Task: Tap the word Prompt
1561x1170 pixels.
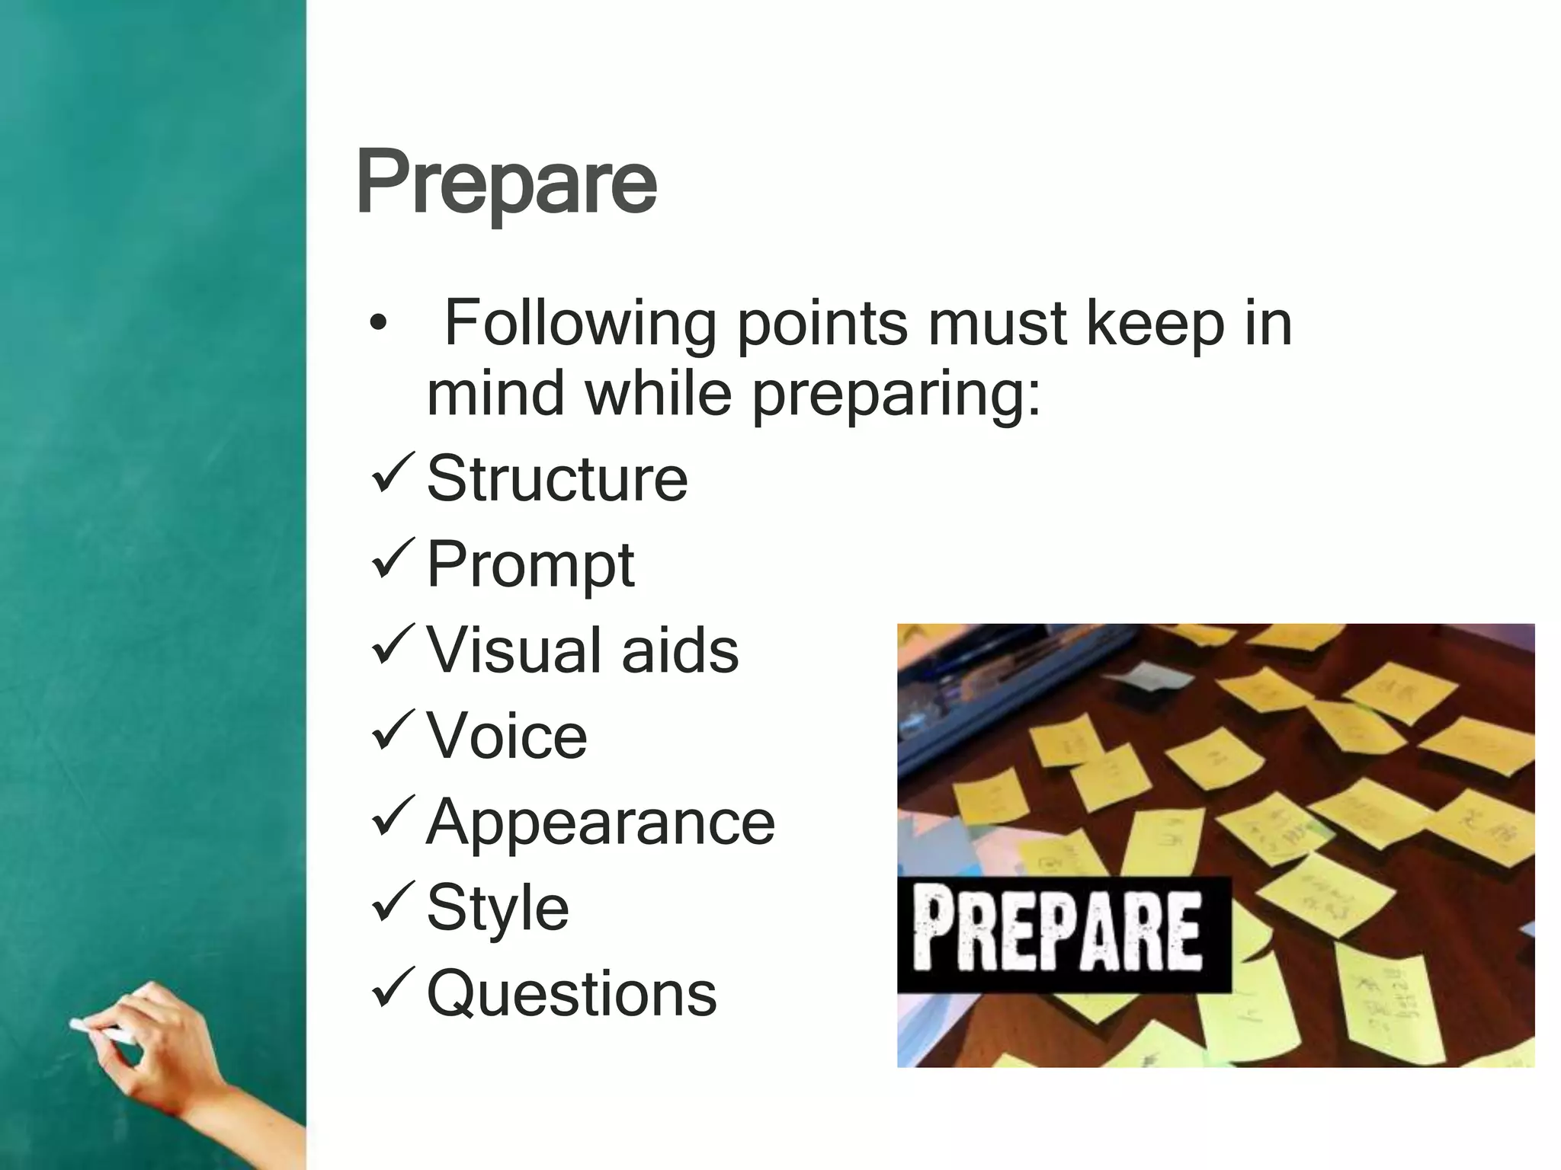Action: click(530, 565)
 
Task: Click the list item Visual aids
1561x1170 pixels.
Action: click(582, 651)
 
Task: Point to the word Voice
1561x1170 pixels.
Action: click(507, 736)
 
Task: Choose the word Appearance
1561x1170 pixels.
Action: click(601, 823)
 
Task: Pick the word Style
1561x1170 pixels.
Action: click(498, 908)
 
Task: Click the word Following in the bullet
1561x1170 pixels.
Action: click(580, 324)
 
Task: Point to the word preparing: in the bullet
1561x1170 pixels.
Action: click(896, 395)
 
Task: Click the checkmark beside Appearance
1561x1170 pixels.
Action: click(393, 817)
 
